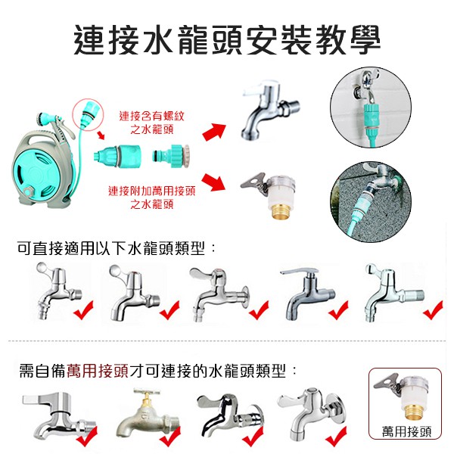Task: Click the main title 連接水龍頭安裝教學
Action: click(x=227, y=39)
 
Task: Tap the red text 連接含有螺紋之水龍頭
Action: click(x=152, y=123)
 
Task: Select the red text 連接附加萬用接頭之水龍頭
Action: click(x=152, y=197)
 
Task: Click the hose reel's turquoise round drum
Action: click(x=37, y=175)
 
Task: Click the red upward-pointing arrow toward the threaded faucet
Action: click(x=214, y=132)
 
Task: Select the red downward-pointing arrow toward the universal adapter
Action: click(x=213, y=182)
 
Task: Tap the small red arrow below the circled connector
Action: click(x=101, y=135)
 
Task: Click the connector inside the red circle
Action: click(x=90, y=113)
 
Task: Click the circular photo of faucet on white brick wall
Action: click(x=371, y=107)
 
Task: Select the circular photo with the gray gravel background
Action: click(x=371, y=202)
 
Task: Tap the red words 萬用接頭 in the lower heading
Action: click(x=98, y=371)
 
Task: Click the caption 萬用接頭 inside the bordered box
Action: click(x=406, y=432)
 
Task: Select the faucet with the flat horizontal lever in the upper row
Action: click(x=307, y=294)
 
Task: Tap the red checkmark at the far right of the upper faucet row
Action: click(x=433, y=309)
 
